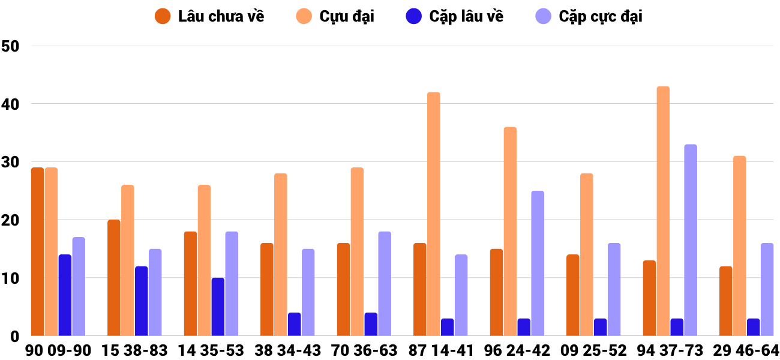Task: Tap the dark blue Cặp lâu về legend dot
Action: click(413, 16)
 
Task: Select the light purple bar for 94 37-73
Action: click(691, 240)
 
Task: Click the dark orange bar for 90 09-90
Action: click(37, 252)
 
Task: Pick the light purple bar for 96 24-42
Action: click(538, 263)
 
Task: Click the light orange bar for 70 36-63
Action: click(357, 252)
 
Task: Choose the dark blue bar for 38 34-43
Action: click(295, 324)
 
